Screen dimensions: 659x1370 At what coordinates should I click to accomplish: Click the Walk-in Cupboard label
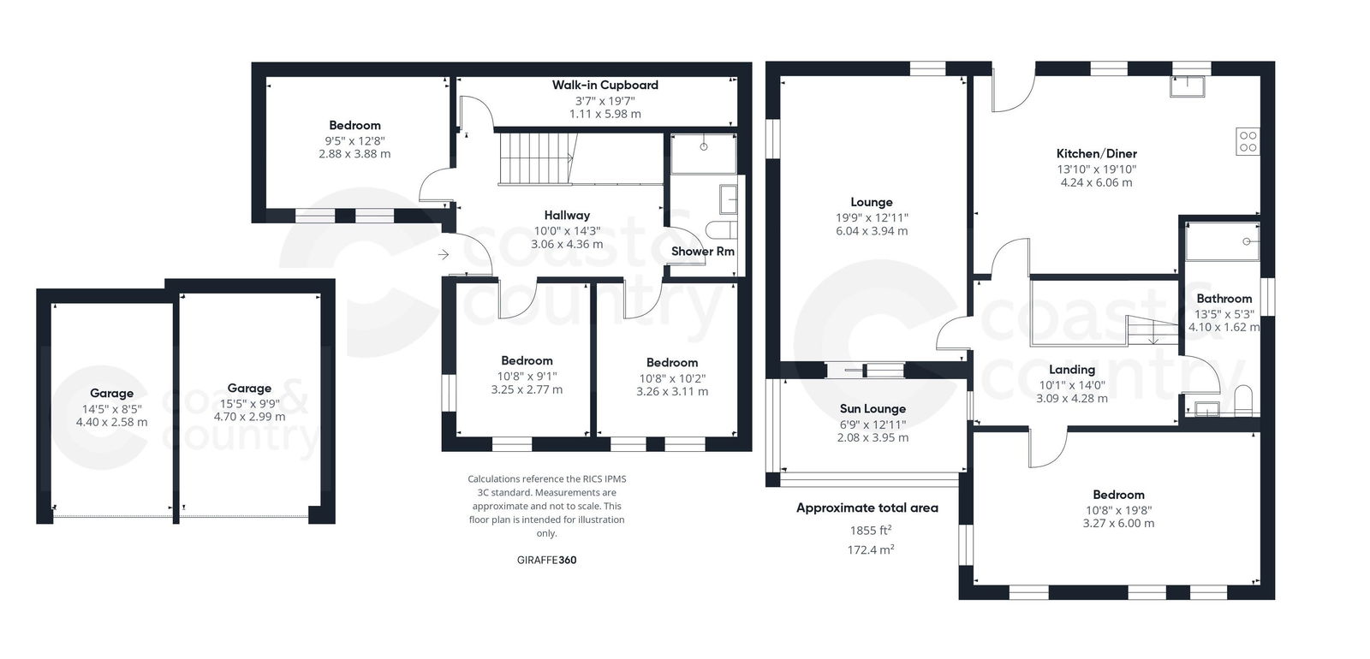(605, 86)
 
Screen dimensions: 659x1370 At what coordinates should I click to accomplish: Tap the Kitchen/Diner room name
(1096, 154)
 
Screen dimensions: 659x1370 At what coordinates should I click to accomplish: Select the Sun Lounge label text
(873, 409)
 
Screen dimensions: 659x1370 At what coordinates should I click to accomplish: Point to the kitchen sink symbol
(1188, 86)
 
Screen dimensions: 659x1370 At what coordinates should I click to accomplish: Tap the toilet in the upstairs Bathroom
(1243, 401)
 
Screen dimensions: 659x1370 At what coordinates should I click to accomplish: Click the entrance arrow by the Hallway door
(444, 254)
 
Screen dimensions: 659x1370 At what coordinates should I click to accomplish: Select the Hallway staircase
(535, 158)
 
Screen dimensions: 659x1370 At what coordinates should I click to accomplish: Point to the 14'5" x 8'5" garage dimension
(111, 408)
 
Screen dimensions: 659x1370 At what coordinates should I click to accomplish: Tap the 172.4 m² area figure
(870, 550)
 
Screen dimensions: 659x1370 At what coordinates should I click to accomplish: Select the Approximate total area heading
(867, 508)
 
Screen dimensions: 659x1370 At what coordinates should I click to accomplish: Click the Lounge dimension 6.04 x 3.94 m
(872, 231)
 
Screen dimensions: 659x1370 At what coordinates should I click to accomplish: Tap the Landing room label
(1072, 370)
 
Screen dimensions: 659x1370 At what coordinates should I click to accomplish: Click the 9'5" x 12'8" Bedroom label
(354, 125)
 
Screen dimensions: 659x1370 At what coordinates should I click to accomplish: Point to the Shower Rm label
(702, 252)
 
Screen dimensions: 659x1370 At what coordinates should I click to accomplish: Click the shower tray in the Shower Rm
(703, 153)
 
